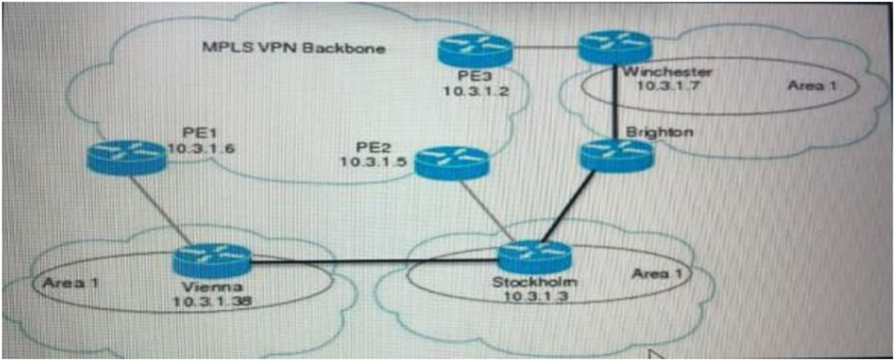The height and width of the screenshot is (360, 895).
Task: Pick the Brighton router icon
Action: (x=615, y=155)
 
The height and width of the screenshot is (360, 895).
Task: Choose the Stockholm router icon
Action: (x=535, y=257)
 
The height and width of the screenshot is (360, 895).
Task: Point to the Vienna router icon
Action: (x=211, y=261)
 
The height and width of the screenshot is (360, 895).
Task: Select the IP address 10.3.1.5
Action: (x=374, y=162)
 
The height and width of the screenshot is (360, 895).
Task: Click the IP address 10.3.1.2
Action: (x=478, y=90)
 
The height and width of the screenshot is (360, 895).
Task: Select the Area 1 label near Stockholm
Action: (x=656, y=274)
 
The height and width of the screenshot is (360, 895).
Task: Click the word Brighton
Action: (x=660, y=132)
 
